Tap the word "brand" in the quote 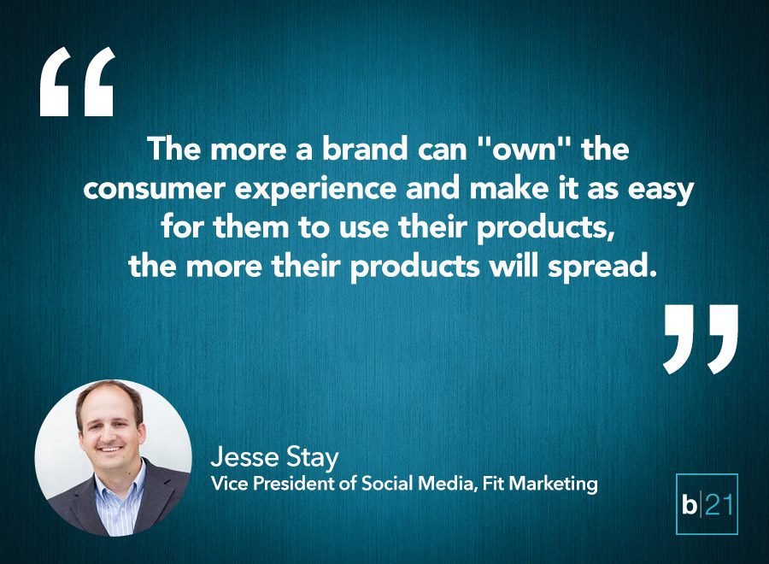click(x=364, y=149)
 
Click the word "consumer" click(x=155, y=189)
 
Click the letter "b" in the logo click(x=689, y=505)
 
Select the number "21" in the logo click(x=719, y=505)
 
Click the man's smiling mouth click(x=110, y=449)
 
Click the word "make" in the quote click(x=509, y=189)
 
